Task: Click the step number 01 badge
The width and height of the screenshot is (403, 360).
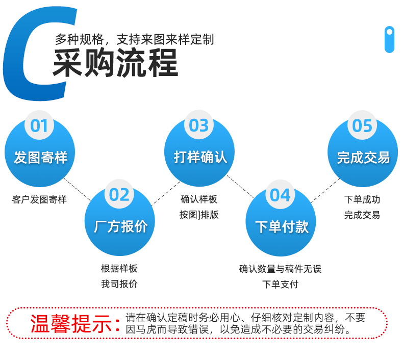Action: pos(39,125)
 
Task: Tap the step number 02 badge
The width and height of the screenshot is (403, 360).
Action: pos(119,194)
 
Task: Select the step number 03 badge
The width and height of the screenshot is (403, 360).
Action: pos(198,125)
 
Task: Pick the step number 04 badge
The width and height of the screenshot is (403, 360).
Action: pos(280,195)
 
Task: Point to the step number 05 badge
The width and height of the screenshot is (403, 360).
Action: pos(362,125)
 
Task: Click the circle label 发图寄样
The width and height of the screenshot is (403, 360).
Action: pos(41,157)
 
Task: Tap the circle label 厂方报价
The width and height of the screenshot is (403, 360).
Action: pos(120,226)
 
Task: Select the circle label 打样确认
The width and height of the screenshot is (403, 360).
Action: pos(200,157)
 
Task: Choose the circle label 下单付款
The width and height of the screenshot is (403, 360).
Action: pos(282,226)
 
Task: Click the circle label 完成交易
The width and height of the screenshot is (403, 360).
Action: pos(363,157)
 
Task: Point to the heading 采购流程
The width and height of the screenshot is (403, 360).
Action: pos(115,63)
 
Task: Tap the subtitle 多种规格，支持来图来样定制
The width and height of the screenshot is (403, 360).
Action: pos(135,39)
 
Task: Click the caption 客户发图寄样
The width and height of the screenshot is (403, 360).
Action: pos(39,199)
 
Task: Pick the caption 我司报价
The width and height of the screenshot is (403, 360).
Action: pos(119,284)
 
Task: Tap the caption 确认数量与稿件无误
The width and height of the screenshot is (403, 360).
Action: pos(280,269)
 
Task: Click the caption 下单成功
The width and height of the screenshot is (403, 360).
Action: pos(362,199)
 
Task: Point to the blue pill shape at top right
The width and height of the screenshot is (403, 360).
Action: pos(389,39)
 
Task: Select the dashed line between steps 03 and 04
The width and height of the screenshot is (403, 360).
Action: pos(240,187)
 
